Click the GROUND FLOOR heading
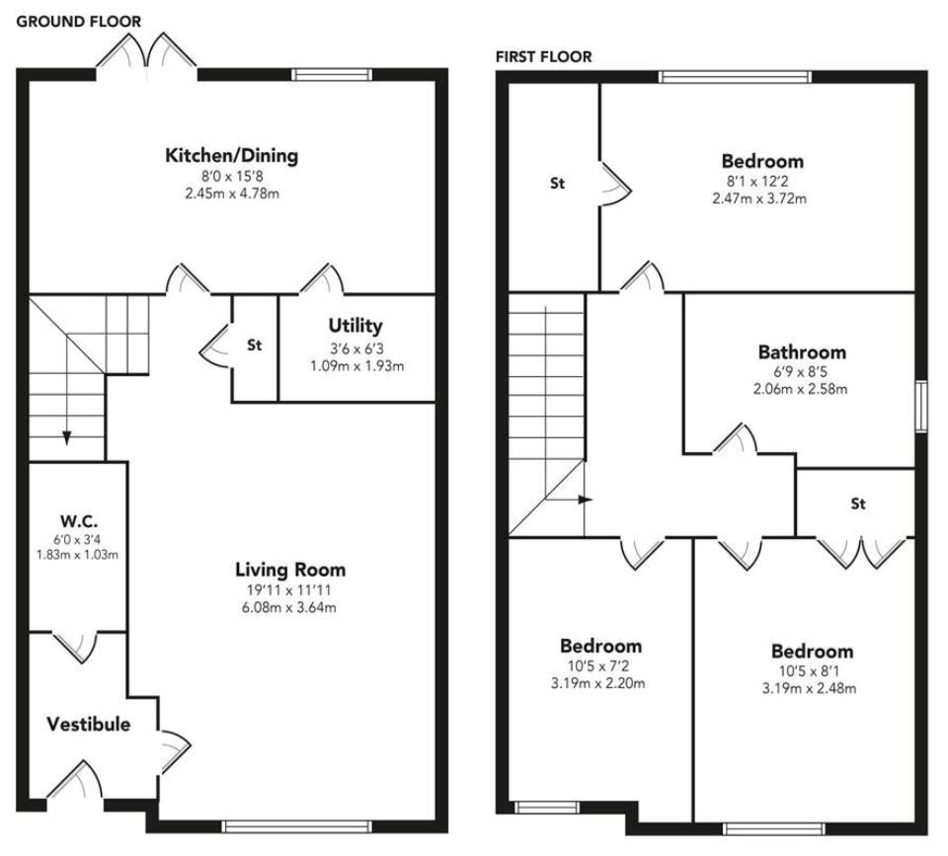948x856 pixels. [x=80, y=21]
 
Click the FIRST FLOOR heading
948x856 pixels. [x=544, y=57]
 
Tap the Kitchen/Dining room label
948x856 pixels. [x=231, y=156]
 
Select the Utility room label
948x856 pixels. [x=355, y=326]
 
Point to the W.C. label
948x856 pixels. [x=76, y=520]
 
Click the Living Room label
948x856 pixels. [x=290, y=570]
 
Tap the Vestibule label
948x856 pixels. [x=88, y=725]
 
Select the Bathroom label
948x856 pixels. [x=802, y=352]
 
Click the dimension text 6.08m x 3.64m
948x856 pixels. [x=290, y=607]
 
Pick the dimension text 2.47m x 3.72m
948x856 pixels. [x=759, y=198]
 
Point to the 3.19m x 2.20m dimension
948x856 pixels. [x=600, y=683]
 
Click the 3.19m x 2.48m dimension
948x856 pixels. [x=812, y=688]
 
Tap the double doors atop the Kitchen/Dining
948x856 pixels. [x=148, y=51]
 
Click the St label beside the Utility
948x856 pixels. [x=255, y=346]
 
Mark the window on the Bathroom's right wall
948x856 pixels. [x=920, y=407]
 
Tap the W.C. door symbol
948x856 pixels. [x=76, y=646]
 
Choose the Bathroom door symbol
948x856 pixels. [x=736, y=440]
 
